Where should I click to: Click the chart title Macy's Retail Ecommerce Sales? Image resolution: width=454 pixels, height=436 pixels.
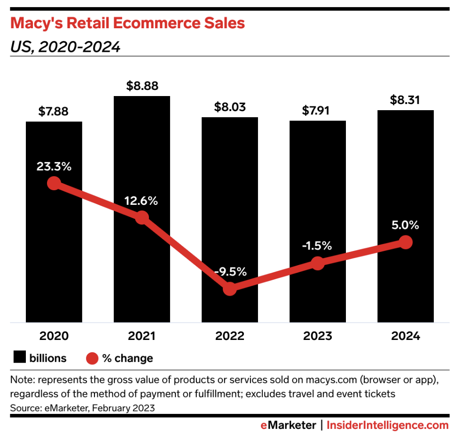[x=127, y=24]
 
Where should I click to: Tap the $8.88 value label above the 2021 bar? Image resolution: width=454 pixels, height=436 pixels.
[x=142, y=86]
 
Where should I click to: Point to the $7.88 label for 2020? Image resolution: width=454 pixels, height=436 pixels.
[x=54, y=112]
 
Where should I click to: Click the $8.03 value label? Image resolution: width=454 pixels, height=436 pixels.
[x=230, y=107]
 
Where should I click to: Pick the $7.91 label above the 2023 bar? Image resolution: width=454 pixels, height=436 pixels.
[x=318, y=111]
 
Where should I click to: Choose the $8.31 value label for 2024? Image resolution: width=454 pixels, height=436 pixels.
[x=406, y=100]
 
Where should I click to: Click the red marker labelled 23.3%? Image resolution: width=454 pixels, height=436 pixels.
[x=54, y=183]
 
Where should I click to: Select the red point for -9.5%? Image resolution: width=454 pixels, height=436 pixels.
[x=230, y=289]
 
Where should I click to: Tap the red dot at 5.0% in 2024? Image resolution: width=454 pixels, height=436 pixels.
[x=406, y=242]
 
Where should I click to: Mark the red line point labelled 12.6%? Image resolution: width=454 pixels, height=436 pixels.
[x=142, y=218]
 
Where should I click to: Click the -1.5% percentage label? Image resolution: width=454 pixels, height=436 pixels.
[x=318, y=246]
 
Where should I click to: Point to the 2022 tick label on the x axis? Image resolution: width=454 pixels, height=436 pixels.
[x=230, y=336]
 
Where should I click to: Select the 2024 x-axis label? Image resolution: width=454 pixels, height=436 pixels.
[x=406, y=336]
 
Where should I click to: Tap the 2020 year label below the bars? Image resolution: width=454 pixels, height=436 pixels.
[x=54, y=336]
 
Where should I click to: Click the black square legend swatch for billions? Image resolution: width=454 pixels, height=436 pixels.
[x=19, y=358]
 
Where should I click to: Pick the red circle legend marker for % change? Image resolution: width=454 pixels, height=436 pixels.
[x=92, y=358]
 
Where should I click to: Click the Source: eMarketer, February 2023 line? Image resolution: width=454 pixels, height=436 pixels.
[x=82, y=408]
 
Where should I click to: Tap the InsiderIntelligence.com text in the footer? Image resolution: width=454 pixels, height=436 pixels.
[x=388, y=426]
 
